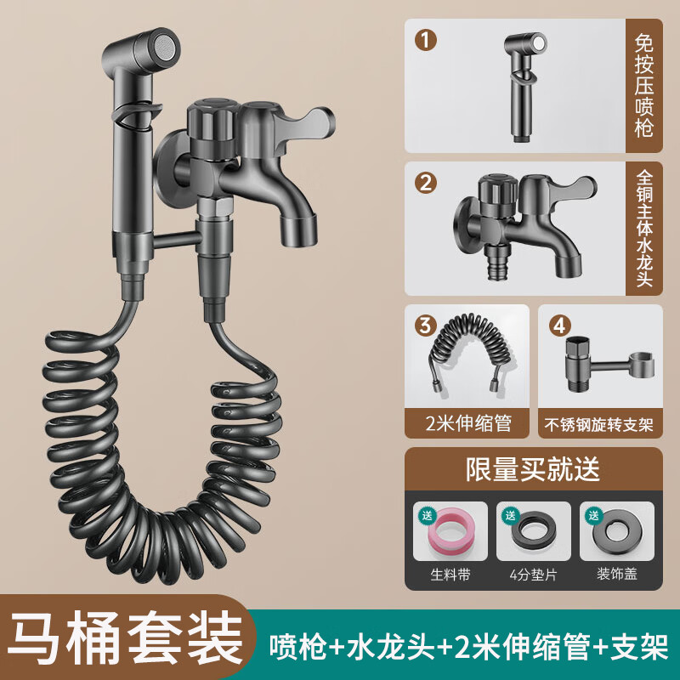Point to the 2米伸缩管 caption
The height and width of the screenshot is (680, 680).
[x=467, y=422]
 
